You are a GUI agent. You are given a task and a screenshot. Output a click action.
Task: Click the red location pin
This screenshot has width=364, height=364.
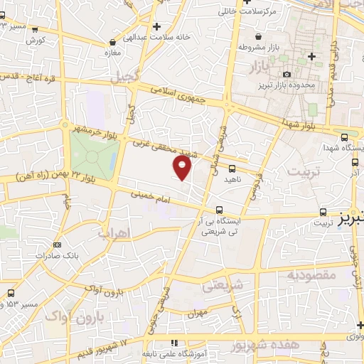pyautogui.click(x=183, y=167)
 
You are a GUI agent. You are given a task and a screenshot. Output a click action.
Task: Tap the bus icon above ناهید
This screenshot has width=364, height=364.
pyautogui.click(x=232, y=169)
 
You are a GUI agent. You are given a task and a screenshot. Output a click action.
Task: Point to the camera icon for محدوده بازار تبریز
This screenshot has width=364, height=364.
pyautogui.click(x=287, y=74)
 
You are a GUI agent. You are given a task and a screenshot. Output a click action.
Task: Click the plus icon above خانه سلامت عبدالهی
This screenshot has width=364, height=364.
pyautogui.click(x=156, y=26)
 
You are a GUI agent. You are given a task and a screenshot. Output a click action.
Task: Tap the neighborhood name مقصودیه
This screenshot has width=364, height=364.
pyautogui.click(x=310, y=274)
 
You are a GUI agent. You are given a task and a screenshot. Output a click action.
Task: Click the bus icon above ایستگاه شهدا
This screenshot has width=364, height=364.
pyautogui.click(x=345, y=137)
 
